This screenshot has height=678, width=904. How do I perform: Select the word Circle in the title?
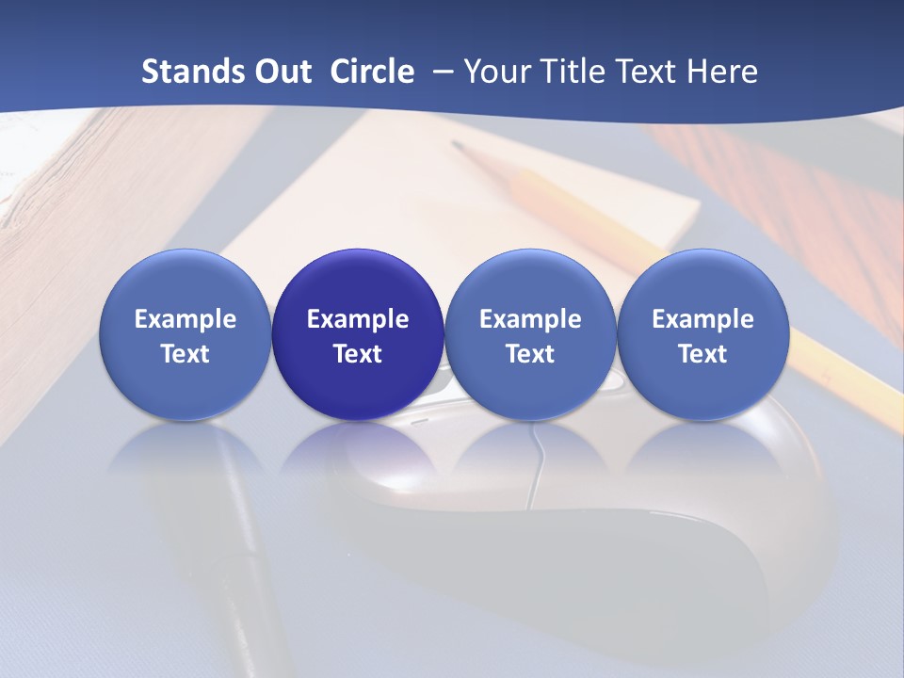point(372,72)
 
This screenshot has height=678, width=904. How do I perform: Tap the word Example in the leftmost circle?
point(185,319)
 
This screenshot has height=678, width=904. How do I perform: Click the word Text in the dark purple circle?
point(358,354)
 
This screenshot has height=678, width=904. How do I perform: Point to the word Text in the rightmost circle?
point(702,354)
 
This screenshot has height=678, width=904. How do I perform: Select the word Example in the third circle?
point(530,319)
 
